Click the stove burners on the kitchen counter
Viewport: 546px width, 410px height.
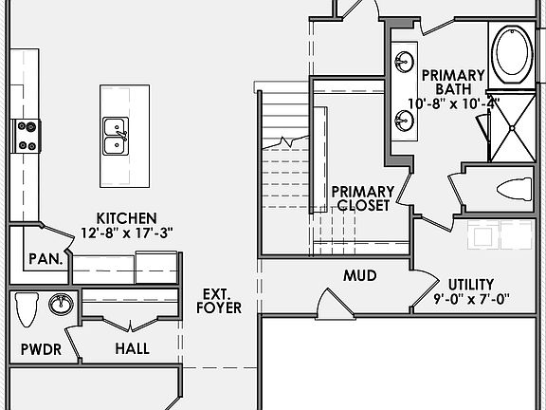(x=24, y=136)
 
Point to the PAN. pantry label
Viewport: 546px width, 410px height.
(x=45, y=258)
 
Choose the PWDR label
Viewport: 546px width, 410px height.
(x=41, y=349)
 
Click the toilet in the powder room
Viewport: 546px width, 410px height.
(x=27, y=309)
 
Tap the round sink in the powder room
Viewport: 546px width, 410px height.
(x=61, y=305)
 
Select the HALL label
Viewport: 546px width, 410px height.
(x=132, y=348)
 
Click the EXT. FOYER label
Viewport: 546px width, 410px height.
(x=218, y=301)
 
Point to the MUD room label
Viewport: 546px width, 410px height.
(x=359, y=276)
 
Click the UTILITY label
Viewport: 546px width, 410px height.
(x=471, y=283)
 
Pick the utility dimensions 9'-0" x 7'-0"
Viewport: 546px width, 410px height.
(x=471, y=298)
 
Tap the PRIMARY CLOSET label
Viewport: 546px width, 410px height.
(x=361, y=198)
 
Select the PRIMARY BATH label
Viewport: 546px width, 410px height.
(x=453, y=82)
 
